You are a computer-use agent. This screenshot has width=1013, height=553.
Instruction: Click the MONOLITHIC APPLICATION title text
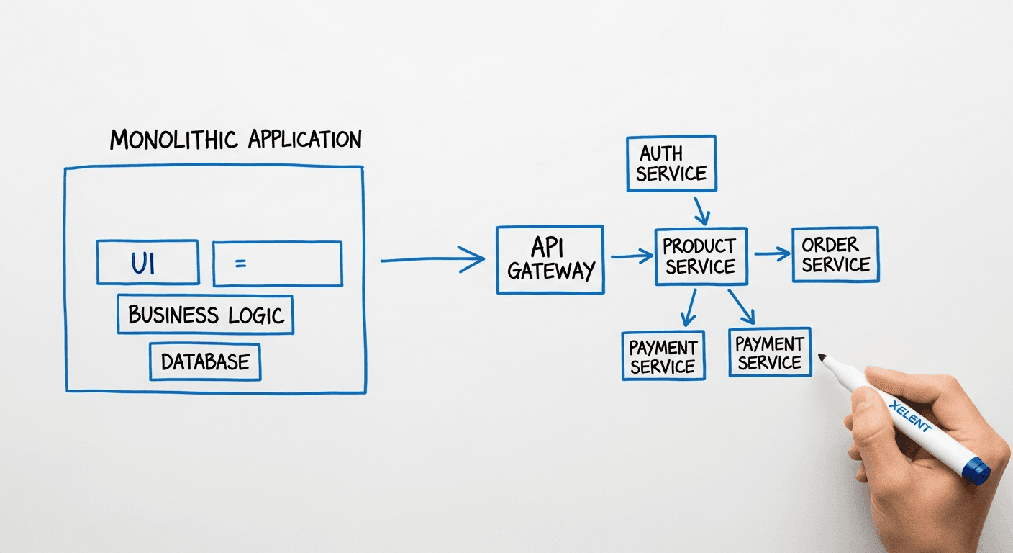pos(235,139)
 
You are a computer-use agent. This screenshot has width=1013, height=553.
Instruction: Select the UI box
pos(147,263)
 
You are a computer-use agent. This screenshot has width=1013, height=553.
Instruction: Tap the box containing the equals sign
pos(277,264)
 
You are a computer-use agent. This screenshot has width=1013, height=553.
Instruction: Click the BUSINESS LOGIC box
pos(206,315)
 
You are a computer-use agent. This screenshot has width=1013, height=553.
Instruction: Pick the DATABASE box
pos(205,361)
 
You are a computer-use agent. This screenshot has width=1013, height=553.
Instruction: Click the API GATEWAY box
pos(550,260)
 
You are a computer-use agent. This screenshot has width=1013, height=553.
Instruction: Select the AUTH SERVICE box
pos(671,163)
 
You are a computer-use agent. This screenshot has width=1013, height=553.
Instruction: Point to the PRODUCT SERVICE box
pos(700,256)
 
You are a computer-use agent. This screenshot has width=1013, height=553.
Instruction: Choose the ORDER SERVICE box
pos(835,255)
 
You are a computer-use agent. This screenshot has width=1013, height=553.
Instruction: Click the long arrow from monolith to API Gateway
pos(432,259)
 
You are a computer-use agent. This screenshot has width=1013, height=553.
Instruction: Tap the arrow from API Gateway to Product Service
pos(632,256)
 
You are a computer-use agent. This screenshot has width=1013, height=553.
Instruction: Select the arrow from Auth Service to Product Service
pos(701,210)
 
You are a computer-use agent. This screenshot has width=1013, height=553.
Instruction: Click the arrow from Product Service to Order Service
pos(772,253)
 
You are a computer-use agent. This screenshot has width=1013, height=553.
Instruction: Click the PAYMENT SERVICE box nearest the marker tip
pos(769,352)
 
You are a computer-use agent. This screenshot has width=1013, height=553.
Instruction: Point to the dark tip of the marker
pos(823,358)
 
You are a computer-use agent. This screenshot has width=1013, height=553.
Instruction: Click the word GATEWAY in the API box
pos(550,271)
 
